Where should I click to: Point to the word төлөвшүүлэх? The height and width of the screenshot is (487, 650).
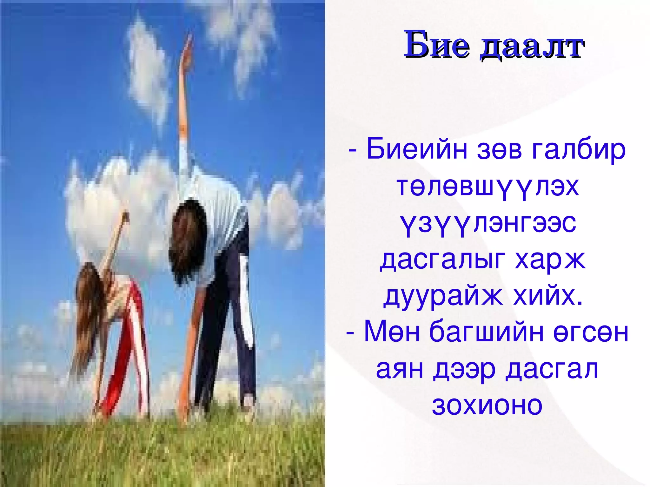click(487, 187)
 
